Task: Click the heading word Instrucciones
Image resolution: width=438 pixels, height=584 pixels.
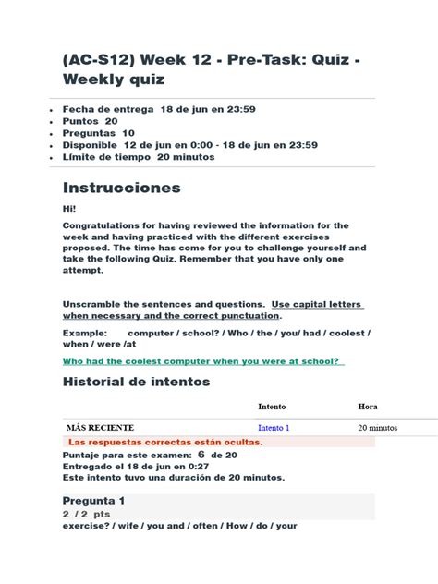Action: click(121, 188)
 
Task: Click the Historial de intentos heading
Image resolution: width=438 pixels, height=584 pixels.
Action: click(136, 382)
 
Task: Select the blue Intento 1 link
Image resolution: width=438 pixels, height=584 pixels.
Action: click(274, 428)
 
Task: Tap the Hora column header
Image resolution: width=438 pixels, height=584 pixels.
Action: click(368, 406)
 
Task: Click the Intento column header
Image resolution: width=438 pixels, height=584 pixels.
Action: click(272, 406)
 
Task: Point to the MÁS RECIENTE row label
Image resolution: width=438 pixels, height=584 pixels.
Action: click(100, 428)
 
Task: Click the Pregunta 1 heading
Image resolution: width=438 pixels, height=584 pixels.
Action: click(93, 500)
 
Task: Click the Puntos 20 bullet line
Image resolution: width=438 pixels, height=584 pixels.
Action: click(90, 121)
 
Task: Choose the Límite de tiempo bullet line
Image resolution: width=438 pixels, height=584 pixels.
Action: click(138, 157)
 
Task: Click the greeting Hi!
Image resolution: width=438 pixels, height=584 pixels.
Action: click(69, 209)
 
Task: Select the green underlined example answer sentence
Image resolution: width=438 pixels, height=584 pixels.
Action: click(202, 361)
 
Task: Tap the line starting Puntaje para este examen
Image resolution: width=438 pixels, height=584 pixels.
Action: click(149, 455)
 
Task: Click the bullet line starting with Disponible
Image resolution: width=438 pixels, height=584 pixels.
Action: click(189, 145)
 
